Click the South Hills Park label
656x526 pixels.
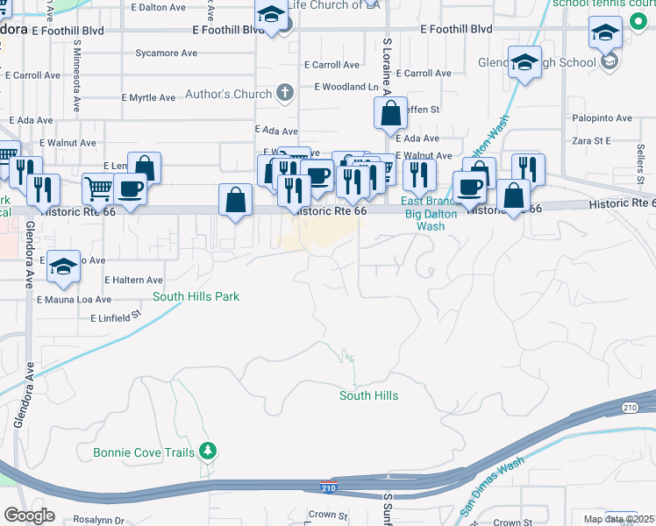point(196,296)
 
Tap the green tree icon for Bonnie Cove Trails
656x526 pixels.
point(208,451)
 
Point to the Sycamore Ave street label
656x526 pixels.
point(167,53)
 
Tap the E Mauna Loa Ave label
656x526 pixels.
point(74,299)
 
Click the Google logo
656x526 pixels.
point(29,515)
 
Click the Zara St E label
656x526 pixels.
point(591,139)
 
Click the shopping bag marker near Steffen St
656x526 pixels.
point(390,113)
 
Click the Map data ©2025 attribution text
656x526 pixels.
point(617,519)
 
